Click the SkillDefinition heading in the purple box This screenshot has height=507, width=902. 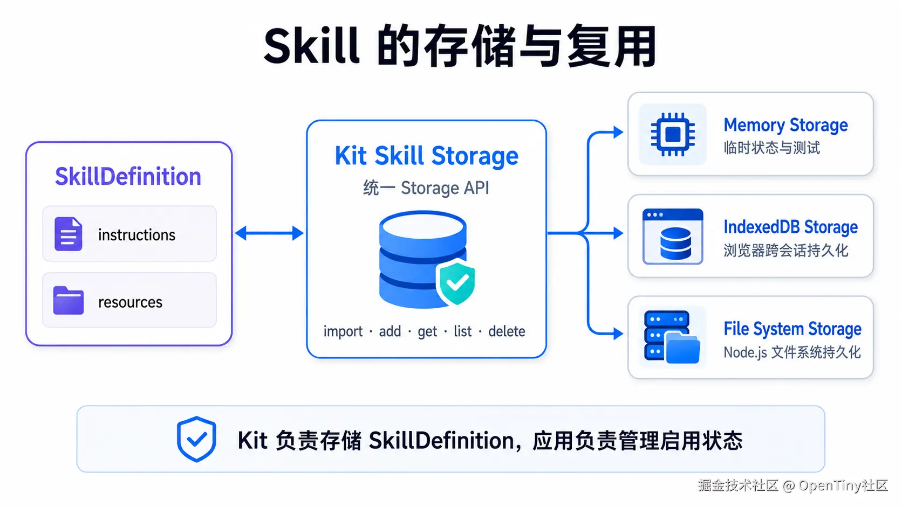[128, 177]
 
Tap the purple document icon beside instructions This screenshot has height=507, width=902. [68, 234]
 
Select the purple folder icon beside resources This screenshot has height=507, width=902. [69, 300]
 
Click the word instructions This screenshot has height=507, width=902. [137, 235]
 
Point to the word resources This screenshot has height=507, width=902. [130, 302]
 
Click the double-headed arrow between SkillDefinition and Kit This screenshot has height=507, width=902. [269, 233]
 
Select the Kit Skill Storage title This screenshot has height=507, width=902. [426, 156]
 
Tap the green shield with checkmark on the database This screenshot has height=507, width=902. [456, 282]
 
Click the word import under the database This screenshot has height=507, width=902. [343, 331]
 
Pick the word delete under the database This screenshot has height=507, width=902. [507, 331]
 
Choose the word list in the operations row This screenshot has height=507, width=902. [462, 331]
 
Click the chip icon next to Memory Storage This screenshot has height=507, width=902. [673, 134]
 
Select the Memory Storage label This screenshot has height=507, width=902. [785, 125]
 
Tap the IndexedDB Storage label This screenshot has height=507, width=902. [790, 227]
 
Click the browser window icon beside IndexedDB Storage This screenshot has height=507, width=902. [673, 237]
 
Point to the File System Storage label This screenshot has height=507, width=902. [792, 329]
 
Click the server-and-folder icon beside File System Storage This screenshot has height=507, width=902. [672, 337]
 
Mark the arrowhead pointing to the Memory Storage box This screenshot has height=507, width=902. [618, 132]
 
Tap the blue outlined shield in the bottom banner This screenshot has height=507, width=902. [196, 439]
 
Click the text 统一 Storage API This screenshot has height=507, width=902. [426, 188]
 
